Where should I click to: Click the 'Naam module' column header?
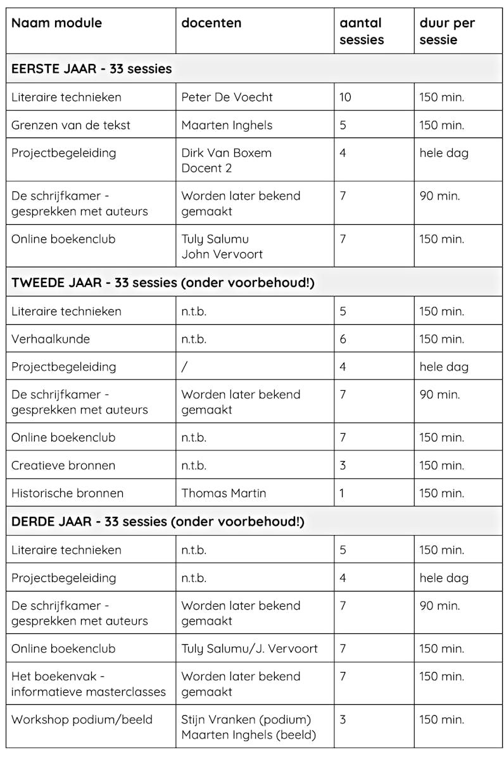tap(56, 23)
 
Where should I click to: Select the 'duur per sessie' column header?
tap(447, 32)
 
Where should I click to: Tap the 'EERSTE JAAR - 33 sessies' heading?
tap(91, 69)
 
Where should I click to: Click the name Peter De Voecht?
tap(227, 97)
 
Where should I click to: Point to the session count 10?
tap(345, 97)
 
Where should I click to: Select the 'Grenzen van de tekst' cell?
tap(70, 125)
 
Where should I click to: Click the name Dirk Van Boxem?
tap(226, 153)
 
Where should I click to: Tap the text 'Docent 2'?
tap(206, 168)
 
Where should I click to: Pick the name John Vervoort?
tap(222, 254)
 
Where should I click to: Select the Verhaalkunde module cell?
tap(51, 339)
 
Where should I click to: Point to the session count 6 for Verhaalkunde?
tap(343, 339)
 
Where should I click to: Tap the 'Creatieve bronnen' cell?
tap(63, 465)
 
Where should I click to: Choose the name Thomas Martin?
tap(224, 493)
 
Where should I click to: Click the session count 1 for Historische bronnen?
tap(342, 493)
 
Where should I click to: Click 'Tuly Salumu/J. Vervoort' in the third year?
tap(249, 649)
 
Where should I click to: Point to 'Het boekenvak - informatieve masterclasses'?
tap(88, 684)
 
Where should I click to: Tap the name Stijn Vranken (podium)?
tap(246, 719)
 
